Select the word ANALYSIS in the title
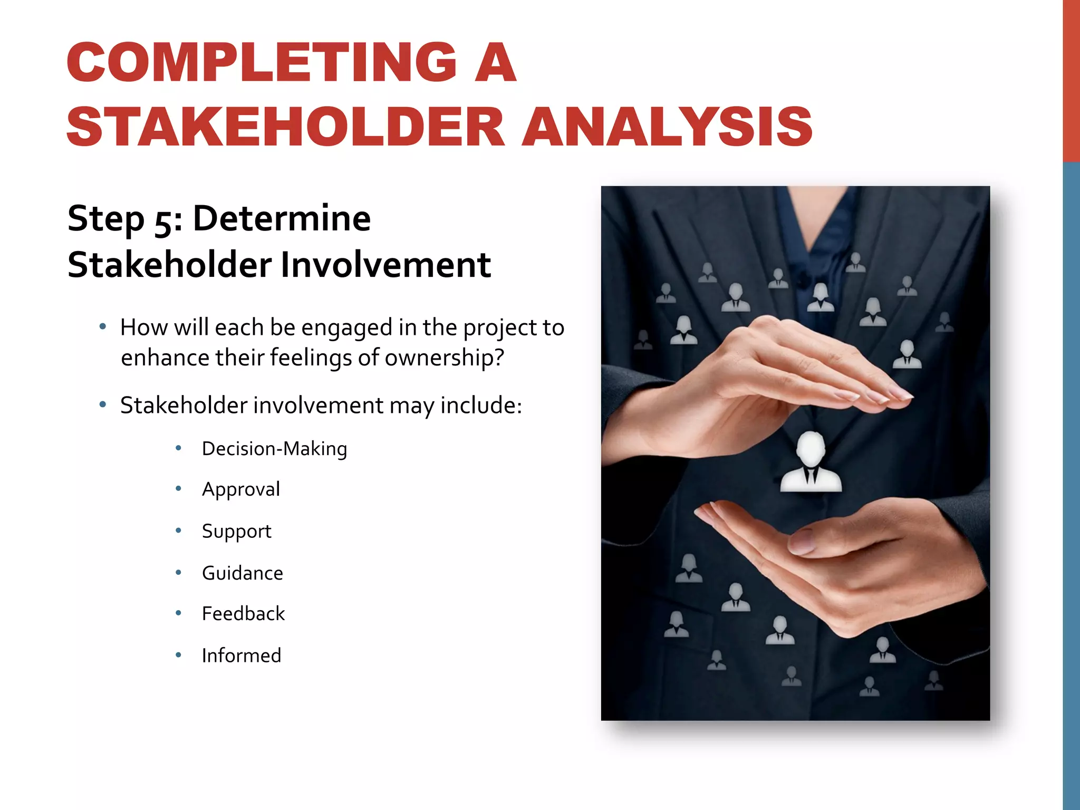tap(667, 127)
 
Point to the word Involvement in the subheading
tap(385, 265)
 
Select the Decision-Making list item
tap(274, 449)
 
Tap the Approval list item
tap(241, 489)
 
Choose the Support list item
tap(236, 531)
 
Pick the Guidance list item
tap(243, 573)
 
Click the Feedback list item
tap(243, 614)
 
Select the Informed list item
tap(242, 655)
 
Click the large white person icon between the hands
tap(811, 462)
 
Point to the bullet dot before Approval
tap(179, 489)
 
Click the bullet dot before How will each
tap(103, 327)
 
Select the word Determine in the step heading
tap(282, 219)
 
